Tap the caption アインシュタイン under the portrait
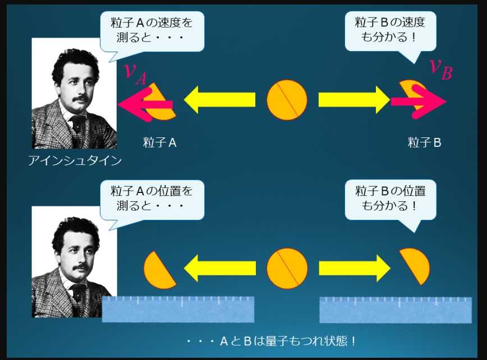pos(75,161)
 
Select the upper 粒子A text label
pos(160,142)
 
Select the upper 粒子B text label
pos(424,142)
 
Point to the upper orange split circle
pos(287,100)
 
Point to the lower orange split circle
pos(287,269)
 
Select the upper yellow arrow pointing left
pos(219,100)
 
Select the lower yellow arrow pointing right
pos(353,269)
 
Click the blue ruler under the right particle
pos(395,310)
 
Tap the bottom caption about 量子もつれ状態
pos(271,341)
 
